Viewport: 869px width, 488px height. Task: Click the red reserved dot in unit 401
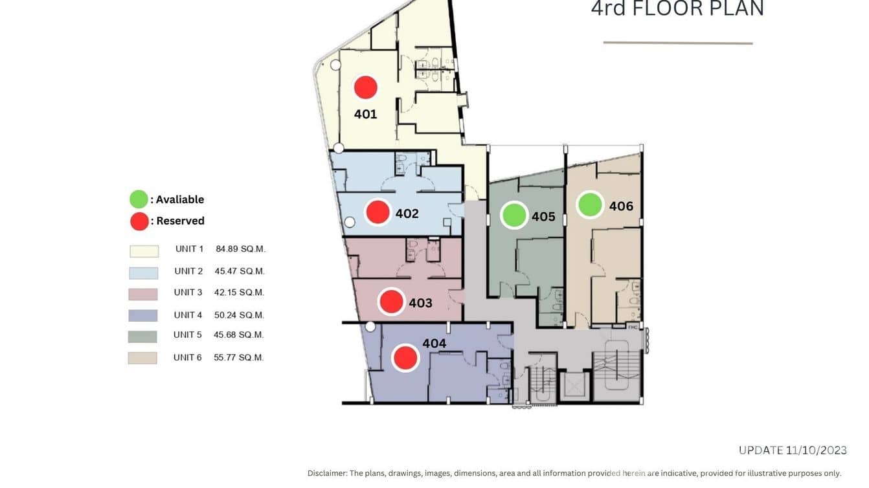pos(365,87)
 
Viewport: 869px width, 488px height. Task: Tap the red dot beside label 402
pos(378,212)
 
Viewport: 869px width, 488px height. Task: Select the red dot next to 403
pos(391,302)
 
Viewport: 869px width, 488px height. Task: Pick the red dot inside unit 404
pos(405,357)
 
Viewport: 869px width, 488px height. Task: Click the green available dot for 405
pos(514,215)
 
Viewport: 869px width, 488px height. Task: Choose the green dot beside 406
pos(590,205)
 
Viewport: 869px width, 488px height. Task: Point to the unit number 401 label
pos(365,115)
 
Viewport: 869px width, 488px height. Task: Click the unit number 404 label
pos(434,344)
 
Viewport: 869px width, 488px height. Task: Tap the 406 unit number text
pos(621,206)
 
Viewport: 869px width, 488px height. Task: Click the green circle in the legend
pos(139,199)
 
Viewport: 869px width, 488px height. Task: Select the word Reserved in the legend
pos(181,221)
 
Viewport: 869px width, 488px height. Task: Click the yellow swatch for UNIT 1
pos(144,250)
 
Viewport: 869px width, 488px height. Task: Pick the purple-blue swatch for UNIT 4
pos(142,315)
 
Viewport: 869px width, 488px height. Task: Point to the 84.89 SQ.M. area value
pos(240,249)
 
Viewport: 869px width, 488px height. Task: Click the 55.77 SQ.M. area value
pos(238,357)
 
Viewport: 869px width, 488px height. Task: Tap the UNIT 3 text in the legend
pos(188,293)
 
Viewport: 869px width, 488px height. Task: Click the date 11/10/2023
pos(817,450)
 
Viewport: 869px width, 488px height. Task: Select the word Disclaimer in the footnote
pos(326,473)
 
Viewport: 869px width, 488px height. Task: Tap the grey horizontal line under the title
pos(678,43)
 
